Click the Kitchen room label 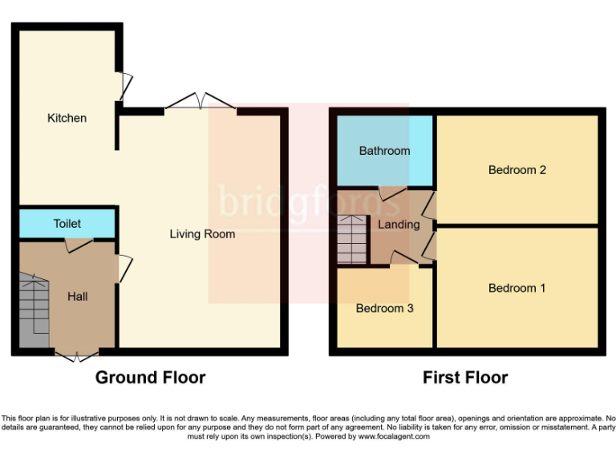(67, 118)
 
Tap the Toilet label (67, 224)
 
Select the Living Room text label (202, 234)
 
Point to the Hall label (78, 297)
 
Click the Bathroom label (384, 151)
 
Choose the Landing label (399, 225)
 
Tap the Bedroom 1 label (517, 288)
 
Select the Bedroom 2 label (517, 170)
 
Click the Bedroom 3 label (385, 308)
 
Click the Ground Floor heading (151, 377)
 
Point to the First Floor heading (465, 377)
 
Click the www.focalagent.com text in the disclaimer (394, 436)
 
